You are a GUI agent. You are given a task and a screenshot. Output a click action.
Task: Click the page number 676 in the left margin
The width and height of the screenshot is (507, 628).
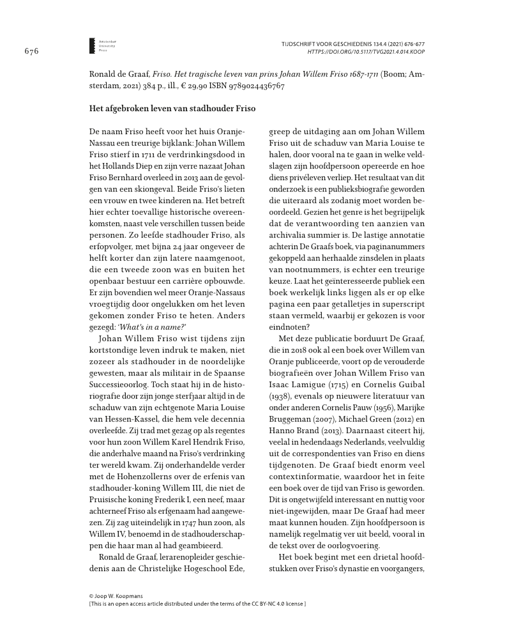(32, 51)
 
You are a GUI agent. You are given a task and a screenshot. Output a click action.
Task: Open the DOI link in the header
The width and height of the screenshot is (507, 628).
(366, 51)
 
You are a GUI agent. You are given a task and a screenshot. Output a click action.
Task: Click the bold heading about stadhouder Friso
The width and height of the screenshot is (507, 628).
(172, 109)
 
